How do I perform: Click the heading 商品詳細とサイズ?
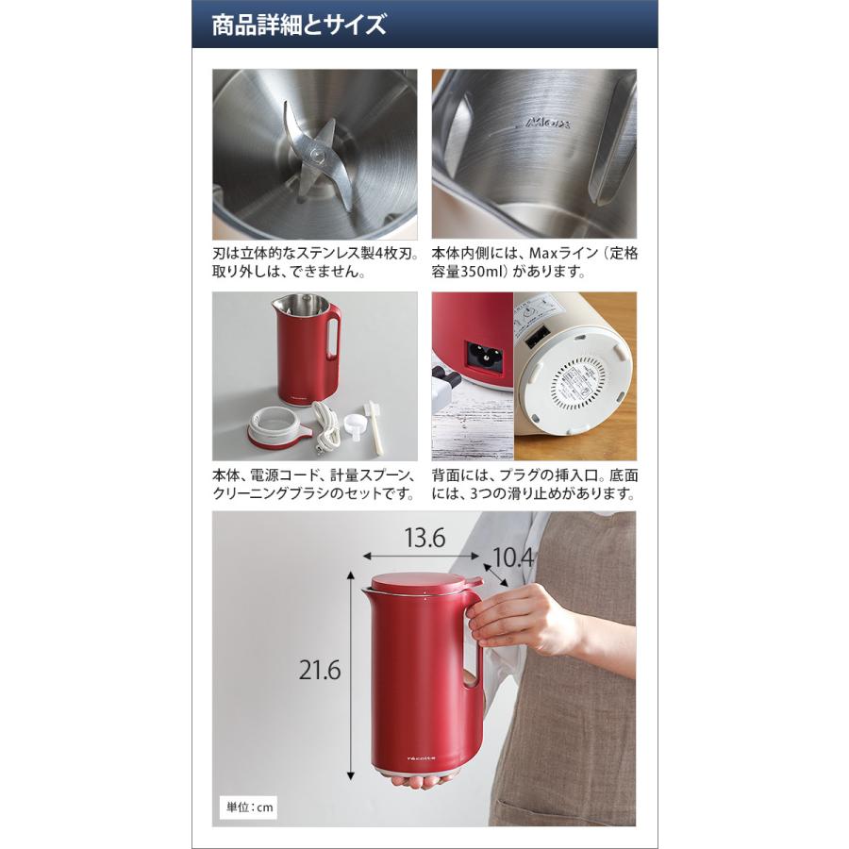coord(299,25)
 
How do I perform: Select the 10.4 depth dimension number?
coord(511,558)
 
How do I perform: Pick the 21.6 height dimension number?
coord(320,671)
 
